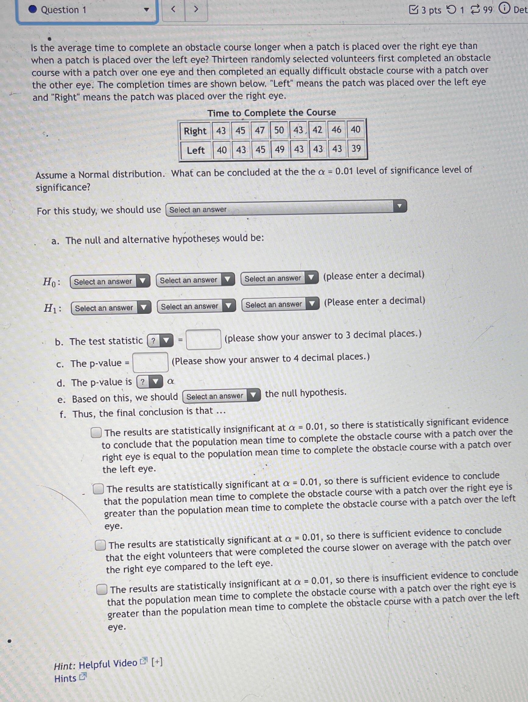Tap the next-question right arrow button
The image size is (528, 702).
point(196,9)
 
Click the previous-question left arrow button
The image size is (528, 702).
point(174,9)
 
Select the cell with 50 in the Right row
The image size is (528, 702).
point(279,130)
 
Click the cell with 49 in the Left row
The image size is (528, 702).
point(280,150)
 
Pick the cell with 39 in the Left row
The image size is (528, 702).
point(356,148)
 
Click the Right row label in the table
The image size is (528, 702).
point(195,131)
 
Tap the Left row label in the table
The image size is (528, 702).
point(195,151)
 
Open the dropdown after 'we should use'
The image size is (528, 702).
point(286,208)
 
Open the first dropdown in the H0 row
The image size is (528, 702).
point(110,282)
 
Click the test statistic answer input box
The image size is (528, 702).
point(204,339)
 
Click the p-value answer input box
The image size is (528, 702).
point(150,362)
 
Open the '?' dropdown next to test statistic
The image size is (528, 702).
point(160,341)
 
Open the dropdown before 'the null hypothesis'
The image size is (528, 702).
point(221,396)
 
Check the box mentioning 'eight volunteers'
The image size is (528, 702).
point(100,545)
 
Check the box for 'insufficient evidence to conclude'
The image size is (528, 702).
point(102,589)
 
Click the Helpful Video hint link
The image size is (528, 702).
point(108,663)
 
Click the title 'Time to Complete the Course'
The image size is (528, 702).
point(271,113)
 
